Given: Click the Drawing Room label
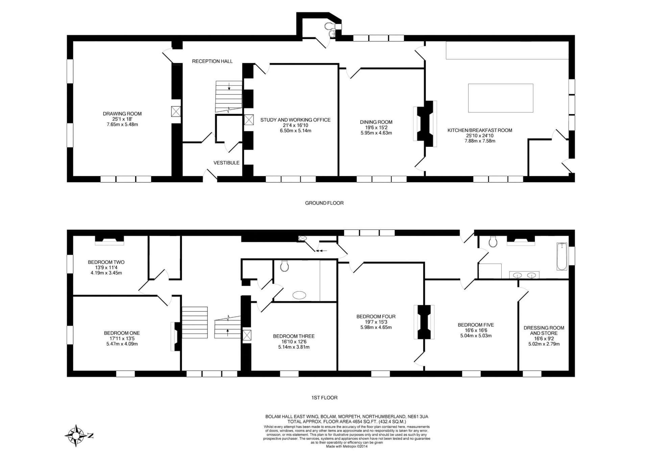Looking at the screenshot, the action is pyautogui.click(x=122, y=114).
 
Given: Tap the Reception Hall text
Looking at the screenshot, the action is pyautogui.click(x=212, y=61).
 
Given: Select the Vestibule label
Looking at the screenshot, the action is pyautogui.click(x=226, y=163).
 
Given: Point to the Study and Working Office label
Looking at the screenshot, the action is pyautogui.click(x=295, y=120).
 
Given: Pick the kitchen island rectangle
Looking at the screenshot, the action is pyautogui.click(x=501, y=98).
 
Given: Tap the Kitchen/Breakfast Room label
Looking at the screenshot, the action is pyautogui.click(x=480, y=130).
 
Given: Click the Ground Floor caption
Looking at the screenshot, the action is pyautogui.click(x=324, y=203).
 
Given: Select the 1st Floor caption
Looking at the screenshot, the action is pyautogui.click(x=324, y=398).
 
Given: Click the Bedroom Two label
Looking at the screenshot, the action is pyautogui.click(x=106, y=262).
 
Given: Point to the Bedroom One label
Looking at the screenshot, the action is pyautogui.click(x=122, y=333).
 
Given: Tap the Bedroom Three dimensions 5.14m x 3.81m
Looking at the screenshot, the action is pyautogui.click(x=294, y=347).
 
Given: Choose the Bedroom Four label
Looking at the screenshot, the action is pyautogui.click(x=376, y=317).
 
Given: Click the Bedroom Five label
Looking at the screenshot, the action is pyautogui.click(x=476, y=325).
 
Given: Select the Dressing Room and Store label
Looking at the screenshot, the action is pyautogui.click(x=544, y=330).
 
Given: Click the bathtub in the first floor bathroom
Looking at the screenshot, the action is pyautogui.click(x=562, y=257).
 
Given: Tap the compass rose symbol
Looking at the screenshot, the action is pyautogui.click(x=76, y=436).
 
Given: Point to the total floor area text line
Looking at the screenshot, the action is pyautogui.click(x=346, y=422).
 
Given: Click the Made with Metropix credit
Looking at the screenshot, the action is pyautogui.click(x=346, y=446).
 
